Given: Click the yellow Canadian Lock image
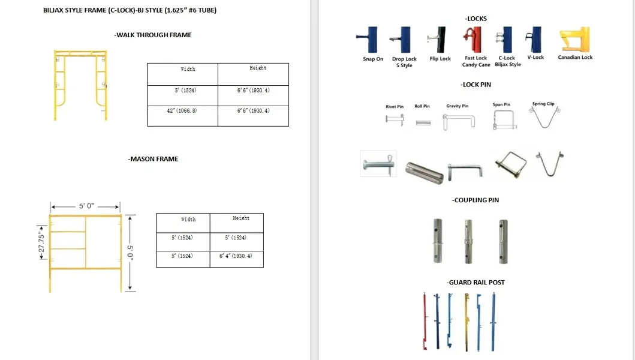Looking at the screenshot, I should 574,40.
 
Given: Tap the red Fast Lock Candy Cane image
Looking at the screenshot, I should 475,40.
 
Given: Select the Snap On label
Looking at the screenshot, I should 373,59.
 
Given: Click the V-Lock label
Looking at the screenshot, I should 535,58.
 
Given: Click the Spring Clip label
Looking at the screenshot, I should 543,104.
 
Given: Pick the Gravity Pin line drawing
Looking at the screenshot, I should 458,122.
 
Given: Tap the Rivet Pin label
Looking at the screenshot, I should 395,107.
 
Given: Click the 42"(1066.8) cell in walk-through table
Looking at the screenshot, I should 182,111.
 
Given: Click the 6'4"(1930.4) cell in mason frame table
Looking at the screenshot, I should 236,256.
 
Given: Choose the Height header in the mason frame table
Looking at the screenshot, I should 241,218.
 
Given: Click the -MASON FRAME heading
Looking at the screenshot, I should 153,159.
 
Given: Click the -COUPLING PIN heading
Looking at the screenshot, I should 476,200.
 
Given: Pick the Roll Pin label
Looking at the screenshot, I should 422,107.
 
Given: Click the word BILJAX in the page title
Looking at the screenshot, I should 55,11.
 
